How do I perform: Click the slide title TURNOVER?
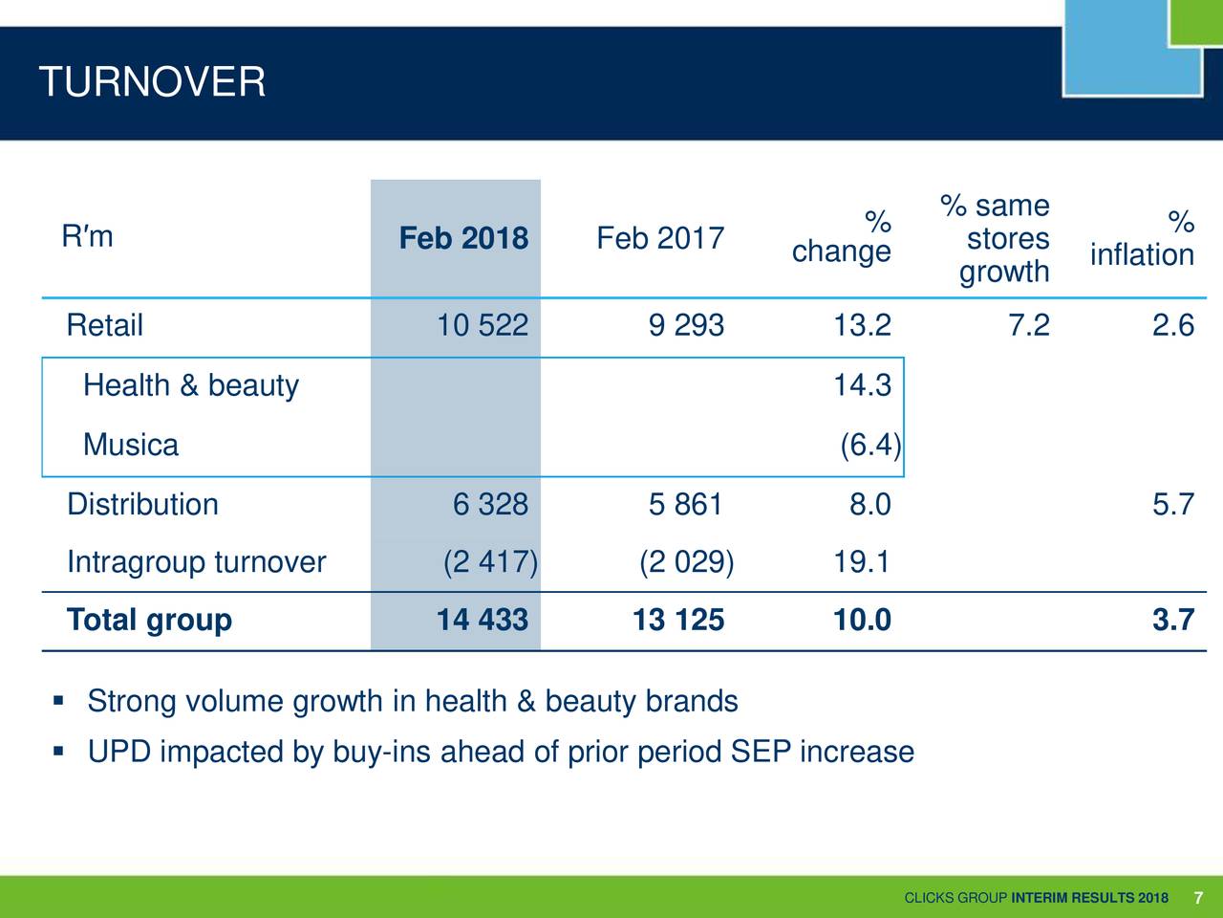point(152,82)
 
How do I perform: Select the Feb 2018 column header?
point(463,238)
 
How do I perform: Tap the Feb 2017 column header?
point(660,238)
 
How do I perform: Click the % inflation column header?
point(1143,239)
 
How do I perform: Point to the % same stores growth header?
point(998,239)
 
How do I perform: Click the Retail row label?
point(105,326)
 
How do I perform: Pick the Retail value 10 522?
point(482,326)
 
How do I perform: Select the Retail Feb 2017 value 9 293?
point(686,326)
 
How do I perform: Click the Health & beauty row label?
point(191,385)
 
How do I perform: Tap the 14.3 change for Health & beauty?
point(862,385)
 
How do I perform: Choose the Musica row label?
point(131,445)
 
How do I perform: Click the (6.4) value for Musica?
point(869,445)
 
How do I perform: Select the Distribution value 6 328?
point(490,504)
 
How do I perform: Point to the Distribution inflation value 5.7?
point(1172,504)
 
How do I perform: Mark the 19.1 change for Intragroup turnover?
point(862,562)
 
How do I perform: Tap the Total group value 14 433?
point(482,621)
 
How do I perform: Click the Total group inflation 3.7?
point(1172,621)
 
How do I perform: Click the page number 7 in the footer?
point(1198,897)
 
